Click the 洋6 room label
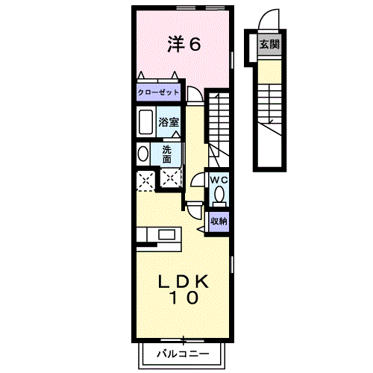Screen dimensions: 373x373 tap(183, 45)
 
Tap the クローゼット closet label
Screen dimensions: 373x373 tap(157, 93)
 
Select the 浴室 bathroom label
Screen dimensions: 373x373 tap(167, 122)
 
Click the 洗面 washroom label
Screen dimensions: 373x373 tap(166, 154)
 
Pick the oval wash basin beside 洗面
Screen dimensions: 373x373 tap(143, 154)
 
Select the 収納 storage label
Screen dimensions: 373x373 tap(218, 221)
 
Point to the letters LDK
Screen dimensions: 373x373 tap(184, 282)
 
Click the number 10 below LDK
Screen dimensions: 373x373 tap(184, 299)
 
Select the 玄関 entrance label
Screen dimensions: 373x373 tap(269, 45)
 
